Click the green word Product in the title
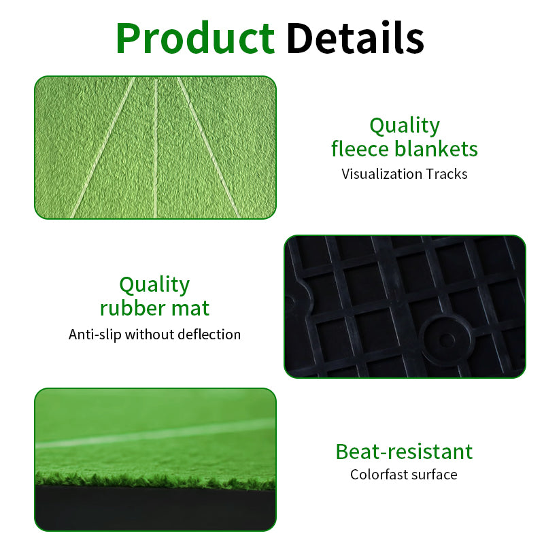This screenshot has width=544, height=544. pyautogui.click(x=195, y=38)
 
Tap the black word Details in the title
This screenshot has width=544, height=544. pyautogui.click(x=355, y=38)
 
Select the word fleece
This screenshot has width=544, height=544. pyautogui.click(x=360, y=148)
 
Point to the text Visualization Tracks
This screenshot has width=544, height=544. pyautogui.click(x=405, y=174)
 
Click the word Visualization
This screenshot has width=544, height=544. pyautogui.click(x=381, y=174)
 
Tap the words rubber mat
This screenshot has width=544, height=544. pyautogui.click(x=154, y=308)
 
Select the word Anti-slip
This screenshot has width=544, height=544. pyautogui.click(x=95, y=335)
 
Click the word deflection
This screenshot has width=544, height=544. pyautogui.click(x=208, y=335)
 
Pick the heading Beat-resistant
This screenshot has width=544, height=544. pyautogui.click(x=404, y=452)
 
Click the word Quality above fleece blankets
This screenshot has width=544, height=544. pyautogui.click(x=405, y=126)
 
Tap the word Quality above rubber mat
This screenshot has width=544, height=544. pyautogui.click(x=154, y=284)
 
